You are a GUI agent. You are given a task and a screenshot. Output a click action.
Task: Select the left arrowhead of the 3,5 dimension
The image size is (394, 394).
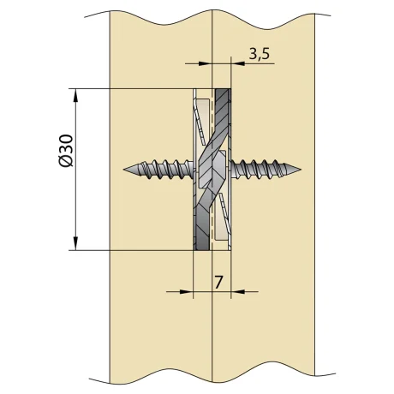[206, 63]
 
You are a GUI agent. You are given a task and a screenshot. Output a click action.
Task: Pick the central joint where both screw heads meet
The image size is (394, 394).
[212, 169]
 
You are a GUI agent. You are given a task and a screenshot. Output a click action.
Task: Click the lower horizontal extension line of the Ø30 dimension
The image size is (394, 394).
[128, 250]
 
